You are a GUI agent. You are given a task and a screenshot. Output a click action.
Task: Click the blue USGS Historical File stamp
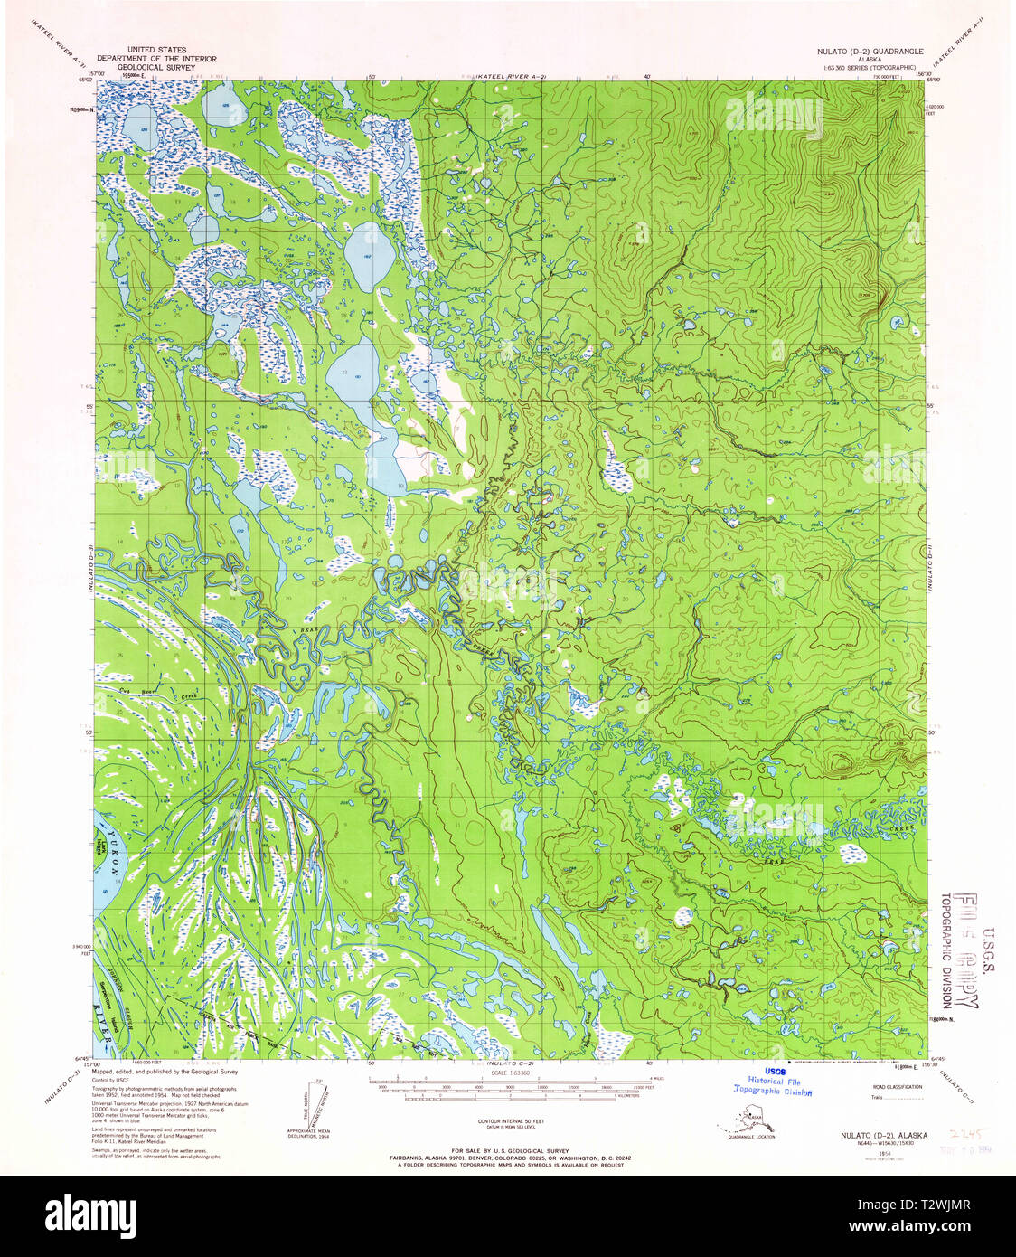click(773, 1082)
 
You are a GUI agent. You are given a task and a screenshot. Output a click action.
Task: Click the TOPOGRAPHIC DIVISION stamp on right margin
click(945, 950)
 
